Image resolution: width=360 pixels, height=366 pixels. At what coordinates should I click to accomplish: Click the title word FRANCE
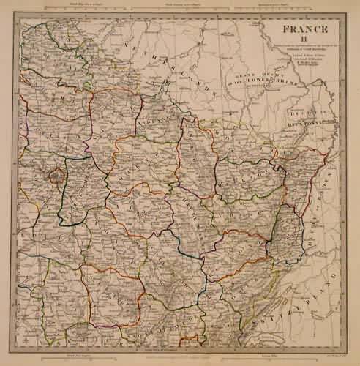301,33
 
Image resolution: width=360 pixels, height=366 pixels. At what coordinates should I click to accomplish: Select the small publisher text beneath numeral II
301,59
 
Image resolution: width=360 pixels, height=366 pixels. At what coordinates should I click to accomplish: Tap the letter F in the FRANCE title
277,33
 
